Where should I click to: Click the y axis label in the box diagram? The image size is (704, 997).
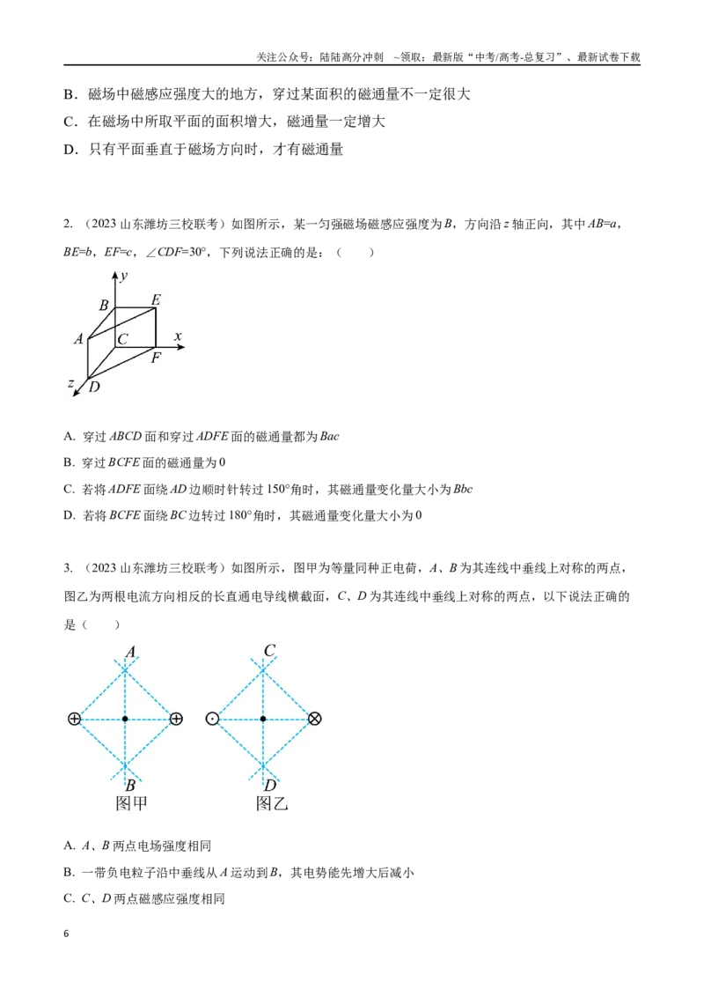tap(124, 276)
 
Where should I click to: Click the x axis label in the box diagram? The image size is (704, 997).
tap(178, 336)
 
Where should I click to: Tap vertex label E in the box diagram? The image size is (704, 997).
tap(156, 299)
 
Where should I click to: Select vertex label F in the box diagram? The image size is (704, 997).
tap(157, 358)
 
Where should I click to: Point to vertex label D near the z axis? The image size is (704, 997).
tap(94, 387)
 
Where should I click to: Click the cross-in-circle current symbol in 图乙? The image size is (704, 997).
tap(314, 719)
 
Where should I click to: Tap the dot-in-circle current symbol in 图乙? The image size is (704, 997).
tap(212, 719)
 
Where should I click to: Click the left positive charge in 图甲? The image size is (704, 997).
tap(74, 719)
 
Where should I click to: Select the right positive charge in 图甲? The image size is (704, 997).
tap(177, 719)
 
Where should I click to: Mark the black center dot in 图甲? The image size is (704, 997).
tap(125, 719)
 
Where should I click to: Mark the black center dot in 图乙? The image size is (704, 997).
tap(263, 719)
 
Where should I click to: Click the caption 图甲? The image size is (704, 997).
tap(131, 803)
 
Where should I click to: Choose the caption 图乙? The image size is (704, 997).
tap(272, 803)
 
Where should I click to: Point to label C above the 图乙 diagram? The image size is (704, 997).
tap(269, 651)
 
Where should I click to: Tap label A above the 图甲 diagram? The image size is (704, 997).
tap(131, 652)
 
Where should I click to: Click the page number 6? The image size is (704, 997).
tap(66, 934)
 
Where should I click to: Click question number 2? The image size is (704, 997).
tap(68, 224)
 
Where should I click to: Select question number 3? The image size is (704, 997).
tap(68, 568)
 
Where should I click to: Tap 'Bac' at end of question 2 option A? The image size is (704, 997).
tap(329, 436)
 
